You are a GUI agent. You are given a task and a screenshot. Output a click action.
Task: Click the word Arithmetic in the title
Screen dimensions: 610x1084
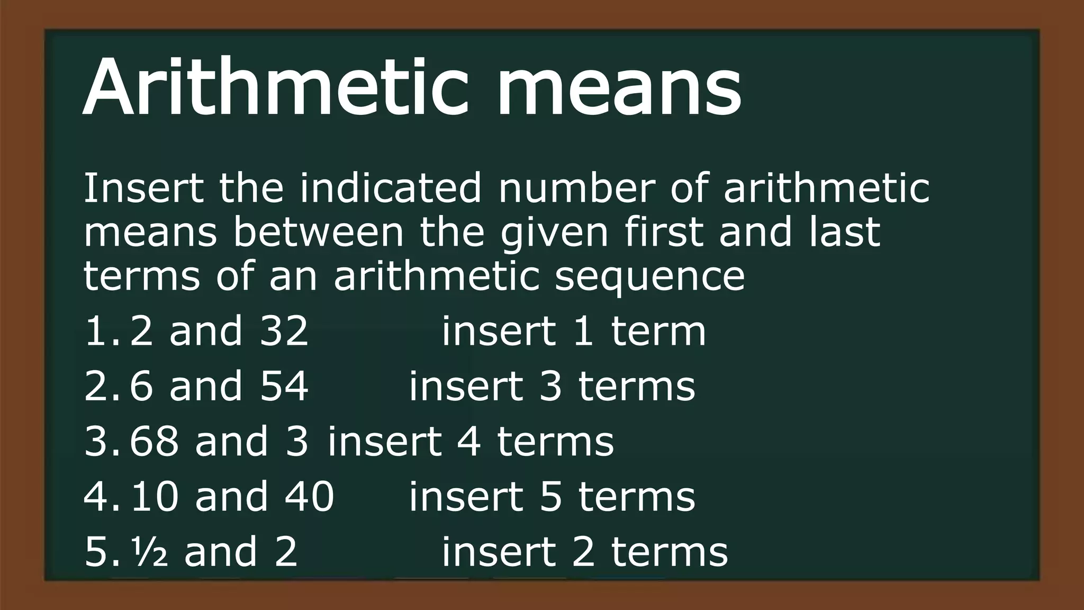pyautogui.click(x=275, y=87)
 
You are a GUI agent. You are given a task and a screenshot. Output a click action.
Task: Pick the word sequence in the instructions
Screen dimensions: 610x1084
pyautogui.click(x=649, y=277)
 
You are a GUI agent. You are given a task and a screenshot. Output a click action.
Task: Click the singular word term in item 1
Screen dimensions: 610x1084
pyautogui.click(x=658, y=331)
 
